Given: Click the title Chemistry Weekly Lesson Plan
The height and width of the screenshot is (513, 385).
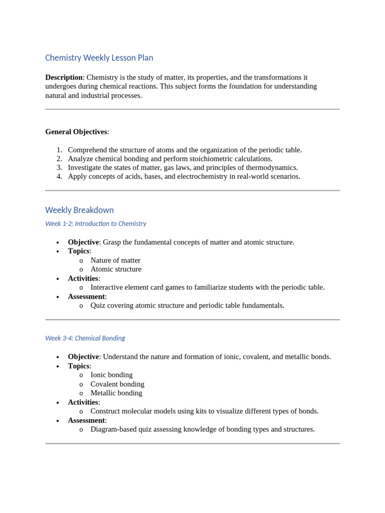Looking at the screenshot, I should pyautogui.click(x=99, y=58).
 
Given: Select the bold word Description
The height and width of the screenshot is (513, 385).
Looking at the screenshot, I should pyautogui.click(x=64, y=77).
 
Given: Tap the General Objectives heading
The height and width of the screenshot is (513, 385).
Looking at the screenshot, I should pyautogui.click(x=76, y=132).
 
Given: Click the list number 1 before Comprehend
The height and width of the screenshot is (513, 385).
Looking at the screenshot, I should pyautogui.click(x=59, y=150).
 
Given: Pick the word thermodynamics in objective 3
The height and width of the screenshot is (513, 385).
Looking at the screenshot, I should pyautogui.click(x=270, y=168).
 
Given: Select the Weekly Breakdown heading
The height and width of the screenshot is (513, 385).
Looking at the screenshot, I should pyautogui.click(x=79, y=210).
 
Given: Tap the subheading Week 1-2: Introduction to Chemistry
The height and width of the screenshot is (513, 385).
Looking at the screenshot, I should pyautogui.click(x=95, y=223).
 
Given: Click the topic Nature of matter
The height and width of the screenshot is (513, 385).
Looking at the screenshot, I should pyautogui.click(x=115, y=261).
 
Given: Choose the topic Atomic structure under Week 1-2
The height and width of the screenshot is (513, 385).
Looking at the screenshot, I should pyautogui.click(x=116, y=269).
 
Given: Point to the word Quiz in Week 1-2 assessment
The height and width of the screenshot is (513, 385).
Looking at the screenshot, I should pyautogui.click(x=99, y=306).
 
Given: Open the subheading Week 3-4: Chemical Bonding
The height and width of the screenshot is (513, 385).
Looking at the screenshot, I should pyautogui.click(x=85, y=338).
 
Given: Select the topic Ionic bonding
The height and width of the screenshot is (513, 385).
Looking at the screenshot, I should pyautogui.click(x=111, y=375).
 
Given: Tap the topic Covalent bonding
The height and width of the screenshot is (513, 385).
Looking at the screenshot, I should pyautogui.click(x=117, y=384).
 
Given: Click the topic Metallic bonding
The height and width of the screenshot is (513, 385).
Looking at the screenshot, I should pyautogui.click(x=116, y=393).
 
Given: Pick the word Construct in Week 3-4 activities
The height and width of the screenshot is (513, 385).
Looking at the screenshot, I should pyautogui.click(x=107, y=411).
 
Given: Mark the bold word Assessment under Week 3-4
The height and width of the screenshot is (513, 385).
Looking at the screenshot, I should pyautogui.click(x=86, y=420).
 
